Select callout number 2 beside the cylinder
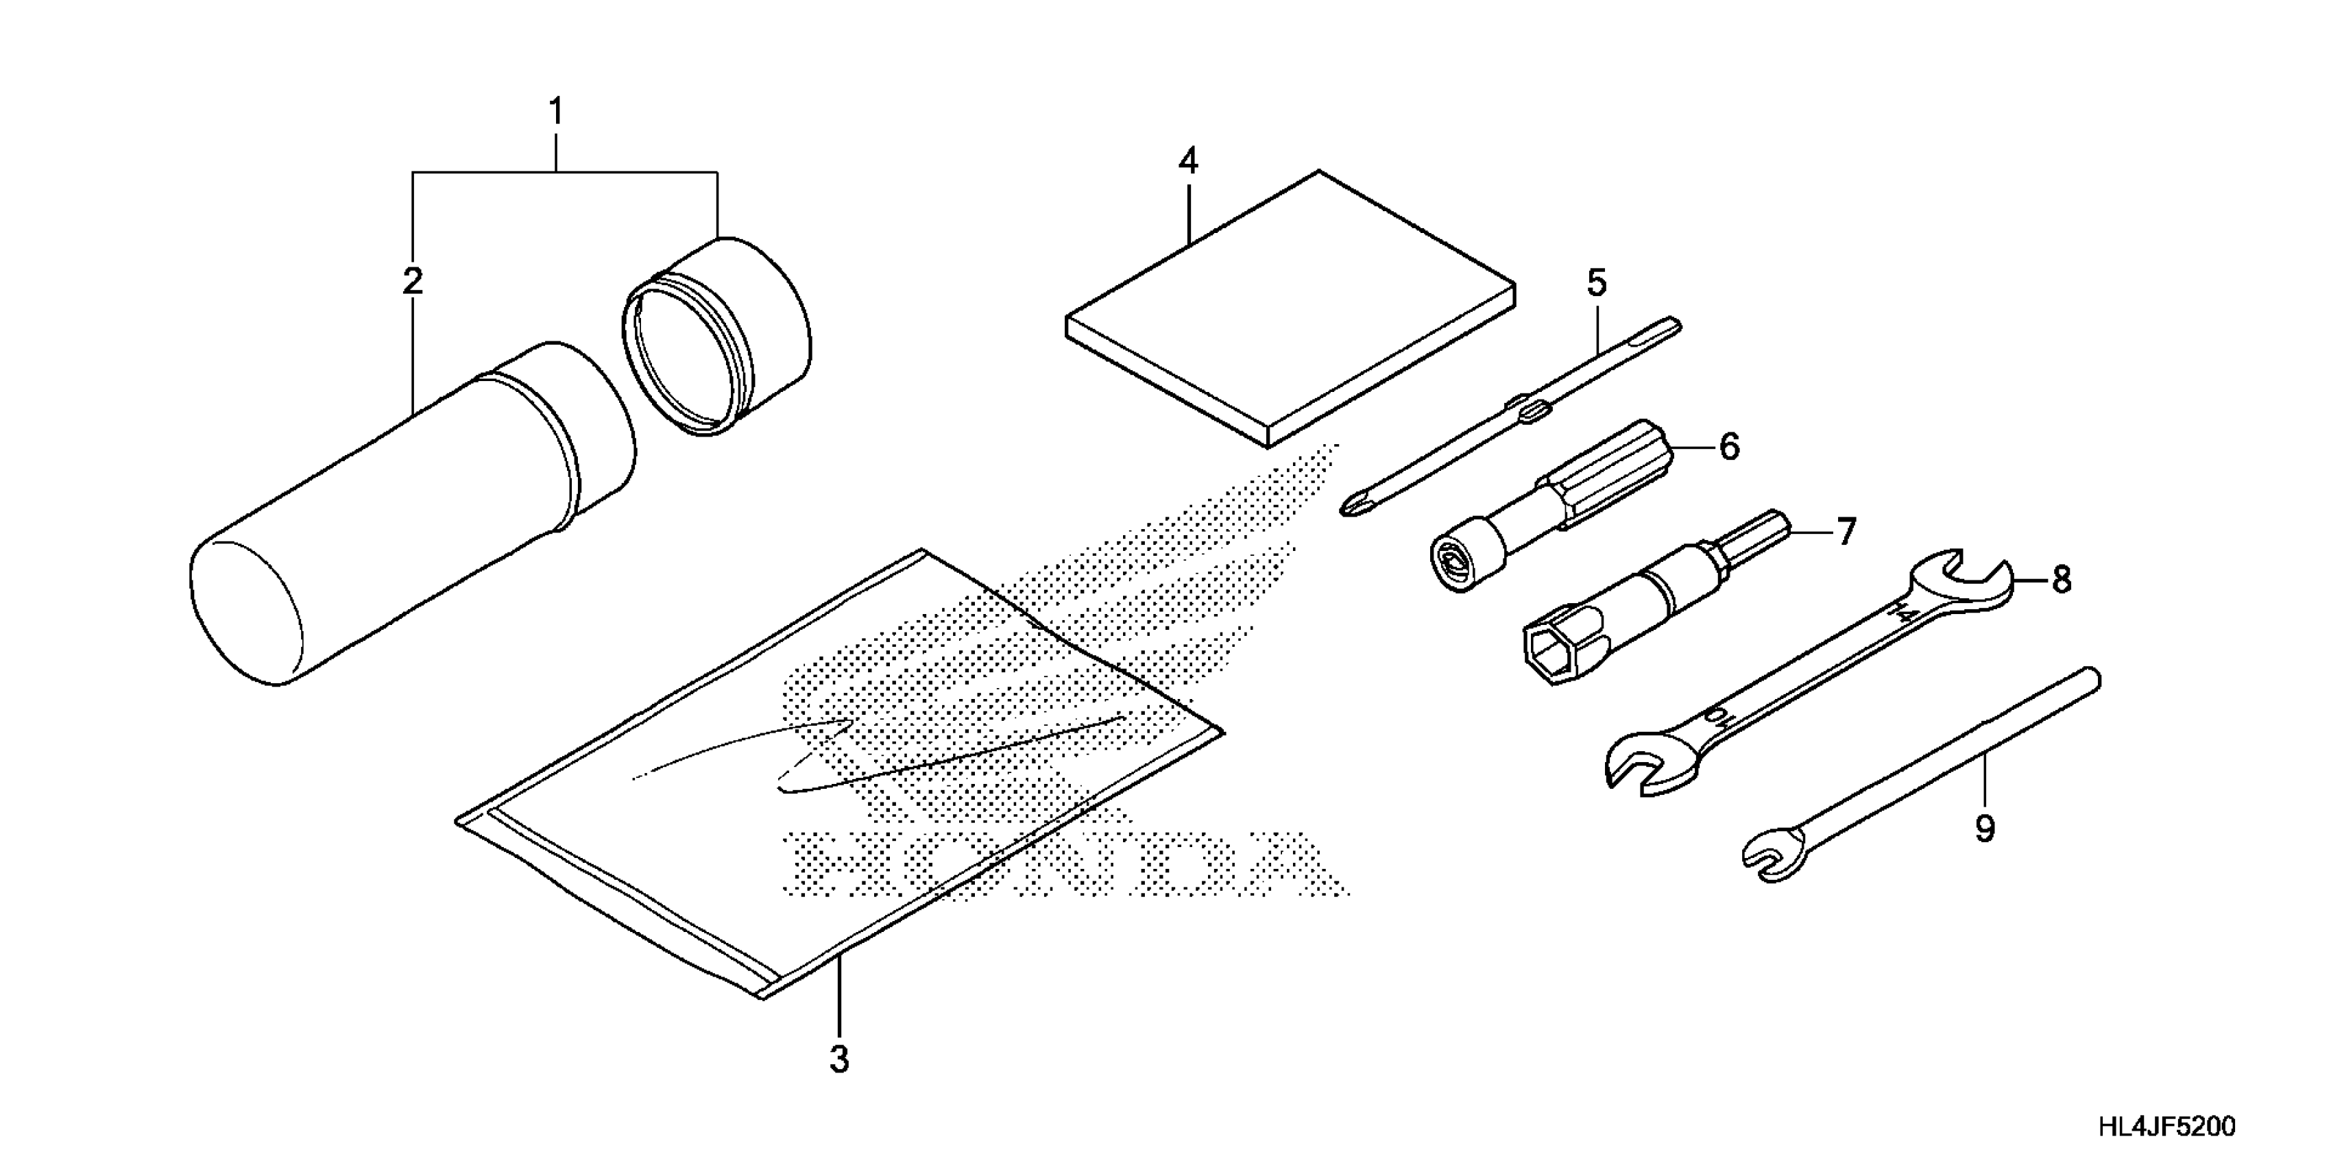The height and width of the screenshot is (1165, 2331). coord(413,281)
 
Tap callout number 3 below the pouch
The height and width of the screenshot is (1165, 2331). coord(840,1059)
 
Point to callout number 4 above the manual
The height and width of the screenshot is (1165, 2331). coord(1188,162)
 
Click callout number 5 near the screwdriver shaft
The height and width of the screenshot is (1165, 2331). coord(1597,283)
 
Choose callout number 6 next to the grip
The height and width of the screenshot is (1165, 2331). coord(1729,447)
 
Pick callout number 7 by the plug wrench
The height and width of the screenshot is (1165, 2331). coord(1846,532)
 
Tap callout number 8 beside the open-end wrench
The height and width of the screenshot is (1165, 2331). coord(2062,580)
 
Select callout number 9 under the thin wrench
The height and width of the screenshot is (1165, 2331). coord(1984,829)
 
